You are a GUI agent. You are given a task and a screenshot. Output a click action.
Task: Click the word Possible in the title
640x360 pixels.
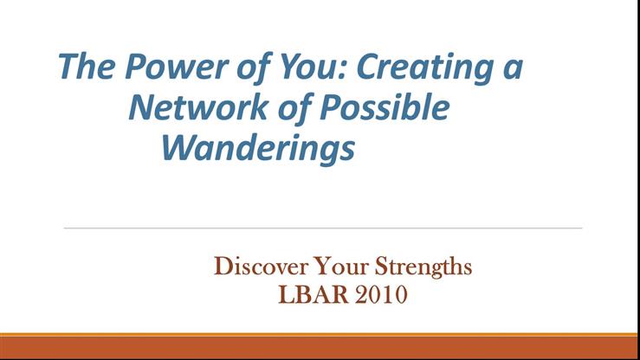pyautogui.click(x=385, y=108)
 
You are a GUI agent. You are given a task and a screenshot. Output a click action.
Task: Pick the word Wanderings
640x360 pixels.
pyautogui.click(x=258, y=149)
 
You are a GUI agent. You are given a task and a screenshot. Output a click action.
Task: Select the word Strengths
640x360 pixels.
pyautogui.click(x=423, y=267)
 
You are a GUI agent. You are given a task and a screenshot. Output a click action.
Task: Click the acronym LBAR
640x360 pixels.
pyautogui.click(x=314, y=294)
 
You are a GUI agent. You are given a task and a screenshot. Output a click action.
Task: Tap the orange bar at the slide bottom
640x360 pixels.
pyautogui.click(x=320, y=345)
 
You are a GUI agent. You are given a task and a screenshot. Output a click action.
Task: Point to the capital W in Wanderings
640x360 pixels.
pyautogui.click(x=178, y=149)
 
